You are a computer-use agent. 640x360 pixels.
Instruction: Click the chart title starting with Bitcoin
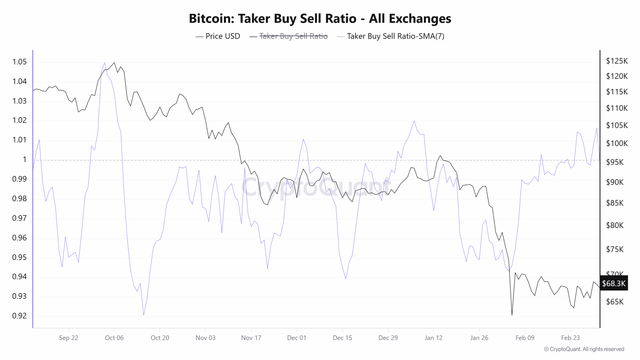tap(320, 18)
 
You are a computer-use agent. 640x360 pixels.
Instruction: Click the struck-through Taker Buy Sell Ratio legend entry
tap(293, 36)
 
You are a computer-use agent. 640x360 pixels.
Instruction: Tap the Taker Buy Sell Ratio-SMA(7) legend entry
tap(395, 36)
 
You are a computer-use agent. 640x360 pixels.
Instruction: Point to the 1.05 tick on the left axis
tap(19, 62)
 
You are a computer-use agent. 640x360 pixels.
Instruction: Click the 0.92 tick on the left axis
tap(19, 316)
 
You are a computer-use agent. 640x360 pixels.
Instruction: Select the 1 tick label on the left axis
tap(24, 159)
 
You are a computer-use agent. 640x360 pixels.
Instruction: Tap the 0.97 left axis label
tap(19, 218)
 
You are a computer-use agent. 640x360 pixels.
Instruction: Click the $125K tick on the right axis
tap(617, 61)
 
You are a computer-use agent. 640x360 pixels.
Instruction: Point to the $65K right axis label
tap(614, 302)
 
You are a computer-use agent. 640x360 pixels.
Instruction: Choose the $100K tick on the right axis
tap(617, 143)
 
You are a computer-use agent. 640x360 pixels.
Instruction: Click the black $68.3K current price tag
tap(614, 283)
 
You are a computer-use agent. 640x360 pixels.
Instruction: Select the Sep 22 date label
tap(68, 338)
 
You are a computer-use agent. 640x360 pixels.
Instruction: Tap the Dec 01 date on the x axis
tap(297, 338)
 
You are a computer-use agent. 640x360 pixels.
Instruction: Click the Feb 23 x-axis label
tap(570, 338)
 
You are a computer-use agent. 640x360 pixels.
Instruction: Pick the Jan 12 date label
tap(433, 338)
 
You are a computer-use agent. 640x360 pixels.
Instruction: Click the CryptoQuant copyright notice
tap(584, 349)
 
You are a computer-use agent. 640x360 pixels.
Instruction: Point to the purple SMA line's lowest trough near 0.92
tap(143, 315)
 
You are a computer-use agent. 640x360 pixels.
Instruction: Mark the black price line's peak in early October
tap(114, 62)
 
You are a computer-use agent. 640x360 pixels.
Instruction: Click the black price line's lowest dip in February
tap(512, 315)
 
